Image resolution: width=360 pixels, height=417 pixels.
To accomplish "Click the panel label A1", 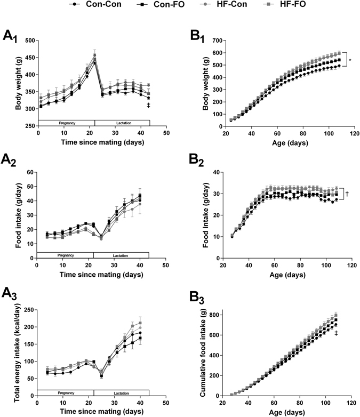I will (x=11, y=36).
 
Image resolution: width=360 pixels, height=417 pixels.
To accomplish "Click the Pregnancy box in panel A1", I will (x=67, y=123).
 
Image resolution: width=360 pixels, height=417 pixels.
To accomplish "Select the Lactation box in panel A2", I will (x=122, y=255).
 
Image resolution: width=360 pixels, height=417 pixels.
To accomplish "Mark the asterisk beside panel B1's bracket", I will (x=350, y=61).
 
